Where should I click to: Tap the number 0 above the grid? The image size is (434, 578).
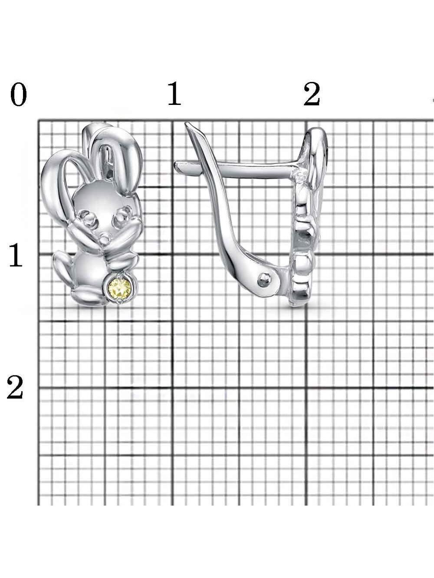tap(19, 94)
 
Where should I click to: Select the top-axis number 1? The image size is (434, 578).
tap(174, 94)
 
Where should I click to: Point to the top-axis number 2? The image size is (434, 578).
tap(312, 94)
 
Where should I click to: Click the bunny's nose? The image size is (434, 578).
tap(105, 238)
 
